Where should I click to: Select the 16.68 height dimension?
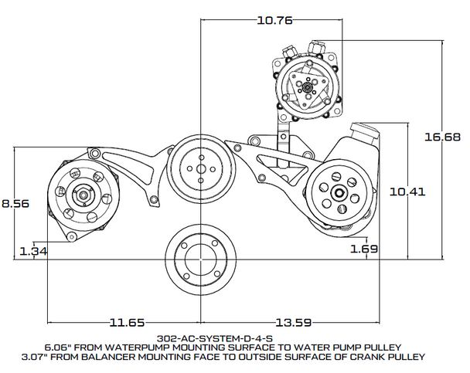click(444, 136)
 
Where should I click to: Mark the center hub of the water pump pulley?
click(200, 166)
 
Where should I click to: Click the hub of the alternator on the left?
click(80, 193)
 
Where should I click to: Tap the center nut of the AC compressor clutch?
click(308, 87)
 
